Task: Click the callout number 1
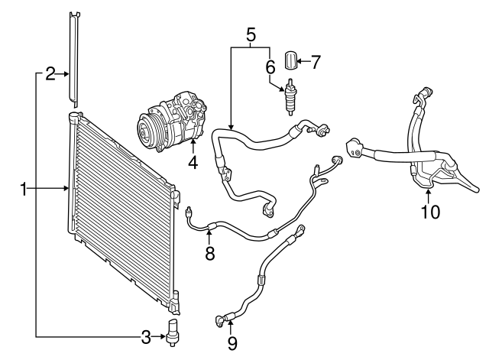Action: (x=24, y=188)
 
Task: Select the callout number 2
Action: (x=50, y=73)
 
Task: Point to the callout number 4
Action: (x=193, y=162)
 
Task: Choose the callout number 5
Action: (x=250, y=34)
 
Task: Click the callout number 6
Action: (x=270, y=67)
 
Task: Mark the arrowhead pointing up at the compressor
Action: (x=193, y=142)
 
